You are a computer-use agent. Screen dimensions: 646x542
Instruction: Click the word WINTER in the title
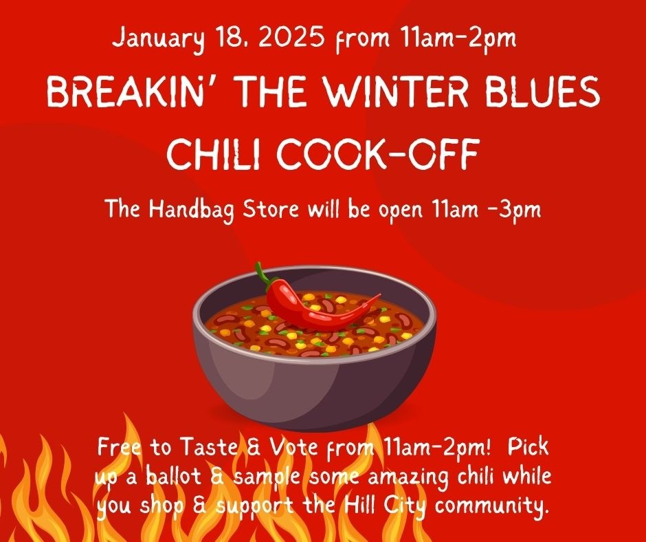(x=397, y=91)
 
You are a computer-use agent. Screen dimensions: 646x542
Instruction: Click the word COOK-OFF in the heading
(x=378, y=153)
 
